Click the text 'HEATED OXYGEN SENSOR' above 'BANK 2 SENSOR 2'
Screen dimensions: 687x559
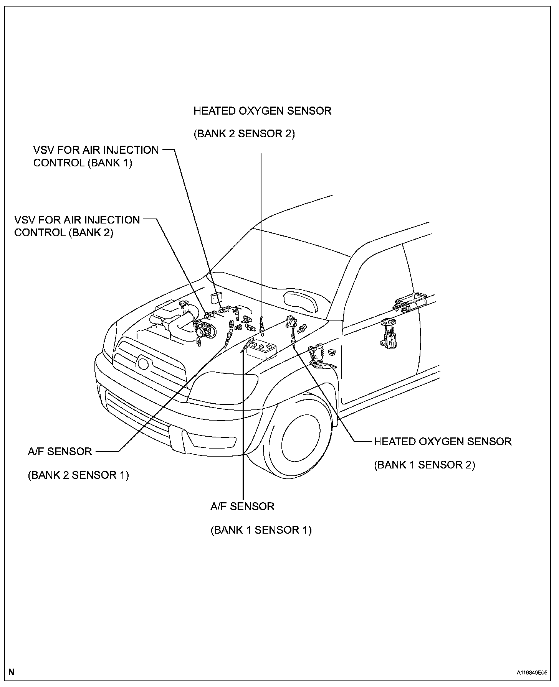coord(262,111)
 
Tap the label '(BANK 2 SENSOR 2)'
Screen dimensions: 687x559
coord(244,134)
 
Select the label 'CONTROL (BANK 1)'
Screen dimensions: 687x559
coord(83,163)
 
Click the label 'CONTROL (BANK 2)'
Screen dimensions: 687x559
coord(64,233)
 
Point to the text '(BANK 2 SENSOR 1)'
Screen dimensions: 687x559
coord(78,475)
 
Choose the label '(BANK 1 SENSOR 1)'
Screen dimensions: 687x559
coord(261,530)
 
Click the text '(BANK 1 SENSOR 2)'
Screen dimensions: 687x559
coord(425,465)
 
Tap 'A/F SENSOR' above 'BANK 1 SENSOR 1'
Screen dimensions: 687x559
coord(242,507)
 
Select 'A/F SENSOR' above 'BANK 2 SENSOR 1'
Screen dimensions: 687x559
coord(60,452)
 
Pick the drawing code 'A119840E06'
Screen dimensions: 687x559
coord(531,672)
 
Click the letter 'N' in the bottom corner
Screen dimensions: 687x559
coord(12,672)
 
